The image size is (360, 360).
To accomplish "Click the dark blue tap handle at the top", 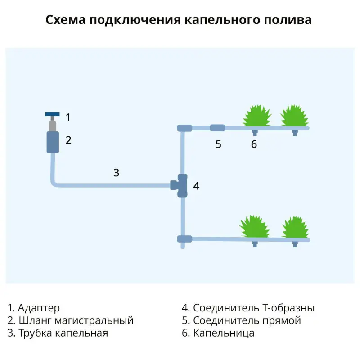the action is coord(52,114).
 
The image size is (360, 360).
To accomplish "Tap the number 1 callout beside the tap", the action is coord(68,117).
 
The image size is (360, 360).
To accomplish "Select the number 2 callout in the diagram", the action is coord(68,140).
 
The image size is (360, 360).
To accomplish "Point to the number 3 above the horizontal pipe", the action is coord(117,173).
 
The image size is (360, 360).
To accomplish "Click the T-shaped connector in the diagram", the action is coord(180,185).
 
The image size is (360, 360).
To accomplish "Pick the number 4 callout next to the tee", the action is coord(196,186).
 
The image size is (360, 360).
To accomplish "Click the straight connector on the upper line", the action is coord(217,128).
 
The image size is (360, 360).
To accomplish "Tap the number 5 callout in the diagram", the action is coord(218,144).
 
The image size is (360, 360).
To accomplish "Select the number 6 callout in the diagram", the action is coord(254,144).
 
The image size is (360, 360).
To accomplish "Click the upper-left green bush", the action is coord(257,116).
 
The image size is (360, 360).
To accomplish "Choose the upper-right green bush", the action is coord(294,116).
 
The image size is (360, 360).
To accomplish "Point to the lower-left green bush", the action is coord(254,227).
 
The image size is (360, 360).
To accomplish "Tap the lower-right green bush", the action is coord(296,227).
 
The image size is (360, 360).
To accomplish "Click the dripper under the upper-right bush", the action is coord(295,133).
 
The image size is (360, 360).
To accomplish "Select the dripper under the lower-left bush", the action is coord(255,244).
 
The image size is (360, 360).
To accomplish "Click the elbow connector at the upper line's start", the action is coord(184,128).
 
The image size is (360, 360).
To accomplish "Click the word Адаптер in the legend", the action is coord(39,308).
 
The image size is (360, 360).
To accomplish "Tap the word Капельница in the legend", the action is coord(224,333).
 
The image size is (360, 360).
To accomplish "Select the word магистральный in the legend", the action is coord(94,320).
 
